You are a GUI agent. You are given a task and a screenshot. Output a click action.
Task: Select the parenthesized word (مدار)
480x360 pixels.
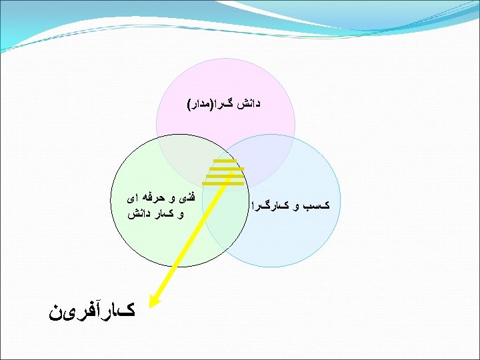point(203,105)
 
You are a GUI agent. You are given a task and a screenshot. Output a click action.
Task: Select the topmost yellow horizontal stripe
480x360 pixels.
point(225,161)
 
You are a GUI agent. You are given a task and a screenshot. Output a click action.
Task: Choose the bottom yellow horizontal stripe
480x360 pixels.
point(223,183)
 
